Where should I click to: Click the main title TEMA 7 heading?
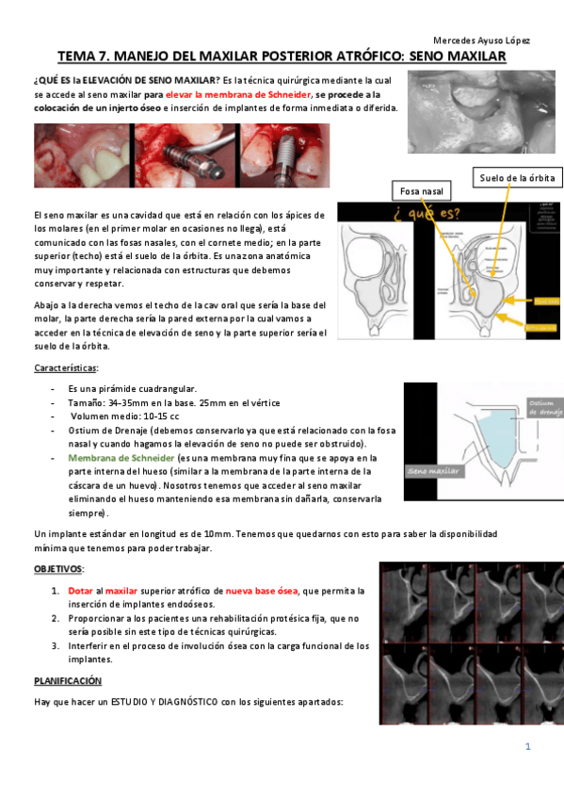click(282, 57)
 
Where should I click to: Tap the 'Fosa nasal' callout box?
click(420, 191)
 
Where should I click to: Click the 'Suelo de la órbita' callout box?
click(517, 177)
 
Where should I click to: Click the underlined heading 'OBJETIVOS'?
click(58, 570)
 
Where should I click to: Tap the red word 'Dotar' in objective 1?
click(80, 591)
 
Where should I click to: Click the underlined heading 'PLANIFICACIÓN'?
click(68, 680)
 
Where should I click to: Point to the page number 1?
click(528, 747)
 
